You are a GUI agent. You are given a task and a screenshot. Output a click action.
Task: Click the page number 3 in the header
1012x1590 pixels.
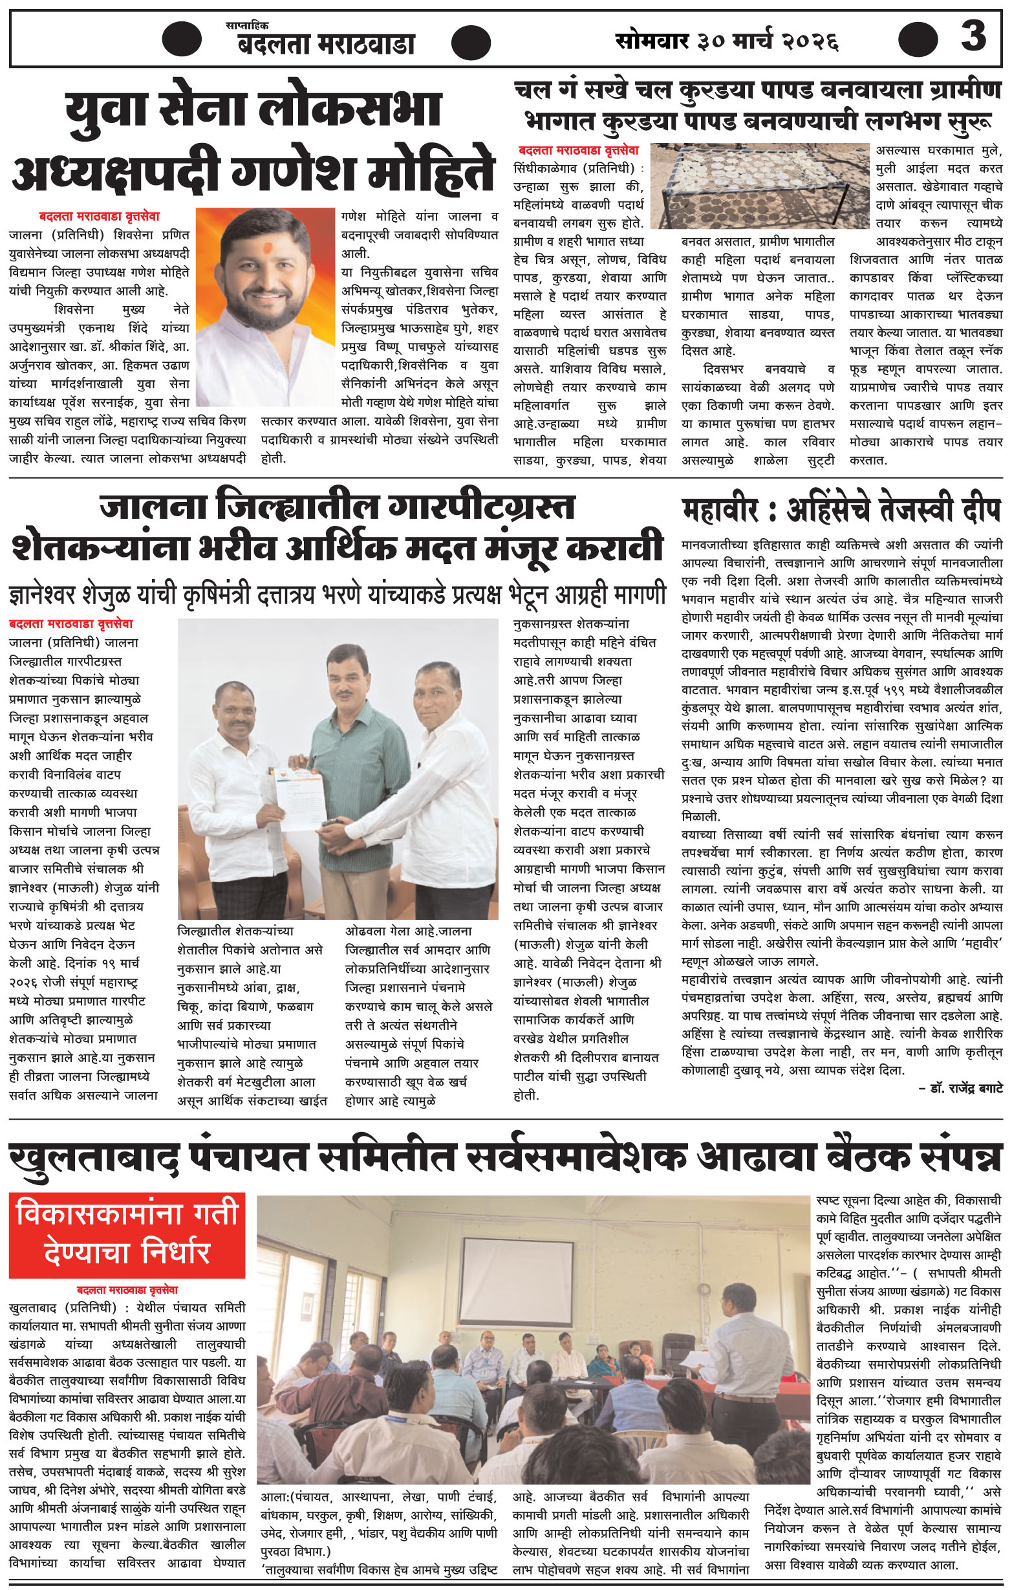coord(973,36)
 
